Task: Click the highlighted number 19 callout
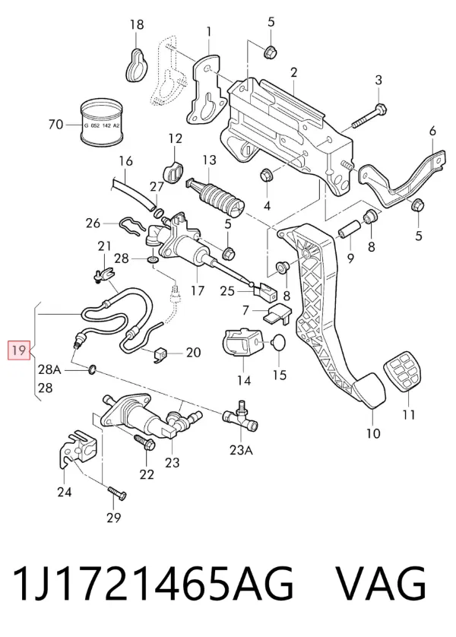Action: [20, 350]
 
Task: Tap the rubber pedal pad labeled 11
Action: [402, 373]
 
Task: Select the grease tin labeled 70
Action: [101, 122]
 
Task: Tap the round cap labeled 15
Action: [280, 342]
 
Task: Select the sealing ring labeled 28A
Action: [92, 369]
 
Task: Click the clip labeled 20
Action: [161, 355]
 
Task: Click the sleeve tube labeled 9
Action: [348, 230]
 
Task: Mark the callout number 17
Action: [198, 290]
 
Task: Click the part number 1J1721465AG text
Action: [153, 583]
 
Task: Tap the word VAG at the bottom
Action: [382, 583]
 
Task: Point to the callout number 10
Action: [373, 433]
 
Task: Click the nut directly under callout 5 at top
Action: [270, 52]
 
